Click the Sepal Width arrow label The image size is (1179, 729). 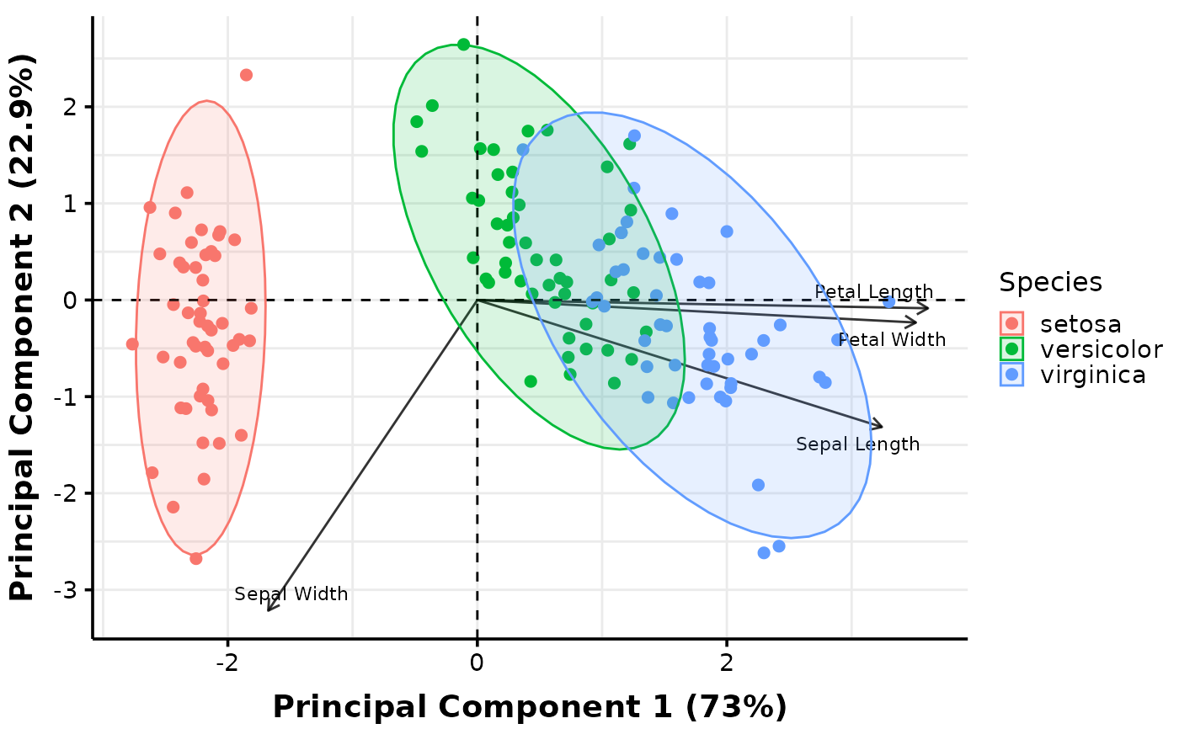291,594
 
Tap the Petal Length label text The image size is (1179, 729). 873,292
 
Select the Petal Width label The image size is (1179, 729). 892,340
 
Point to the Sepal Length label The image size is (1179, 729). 857,444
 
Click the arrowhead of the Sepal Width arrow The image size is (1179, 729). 269,609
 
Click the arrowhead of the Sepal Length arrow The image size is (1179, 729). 880,427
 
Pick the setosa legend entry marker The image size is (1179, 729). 1012,323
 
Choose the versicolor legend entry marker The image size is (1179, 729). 1012,349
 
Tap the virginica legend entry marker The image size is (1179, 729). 1012,375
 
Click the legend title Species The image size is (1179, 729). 1050,283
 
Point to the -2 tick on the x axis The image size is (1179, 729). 227,662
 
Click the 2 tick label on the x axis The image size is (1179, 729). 726,662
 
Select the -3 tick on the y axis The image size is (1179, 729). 70,590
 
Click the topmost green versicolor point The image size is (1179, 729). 463,45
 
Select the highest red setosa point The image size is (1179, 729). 246,75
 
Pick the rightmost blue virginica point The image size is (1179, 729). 888,302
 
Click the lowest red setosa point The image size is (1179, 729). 196,558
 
